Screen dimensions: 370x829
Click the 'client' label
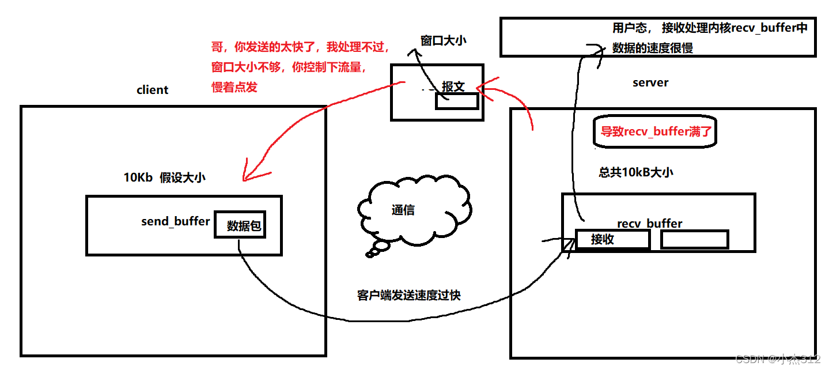coord(152,90)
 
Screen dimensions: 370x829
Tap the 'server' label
coord(650,82)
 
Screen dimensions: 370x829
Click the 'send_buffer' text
coord(176,221)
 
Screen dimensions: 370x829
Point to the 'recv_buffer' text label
coord(649,223)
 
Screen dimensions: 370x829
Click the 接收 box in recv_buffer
coord(612,240)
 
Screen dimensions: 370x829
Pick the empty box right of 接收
coord(694,240)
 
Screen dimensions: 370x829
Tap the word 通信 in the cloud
coord(403,210)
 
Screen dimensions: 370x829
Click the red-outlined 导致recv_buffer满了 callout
coord(656,131)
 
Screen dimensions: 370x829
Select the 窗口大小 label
coord(443,40)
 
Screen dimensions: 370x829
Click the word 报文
coord(453,86)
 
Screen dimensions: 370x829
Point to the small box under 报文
coord(456,101)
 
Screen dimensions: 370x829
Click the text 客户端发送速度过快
coord(408,296)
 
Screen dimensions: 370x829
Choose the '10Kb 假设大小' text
coord(164,178)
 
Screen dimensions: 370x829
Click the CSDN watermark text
coord(777,358)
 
